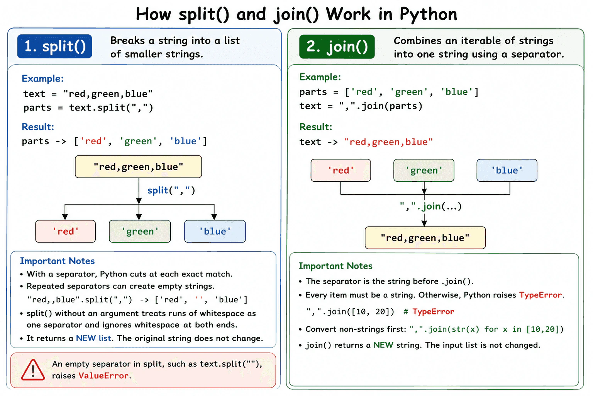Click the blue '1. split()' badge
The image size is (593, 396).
(x=54, y=46)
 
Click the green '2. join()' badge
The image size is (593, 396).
(x=337, y=46)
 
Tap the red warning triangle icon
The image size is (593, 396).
(x=33, y=370)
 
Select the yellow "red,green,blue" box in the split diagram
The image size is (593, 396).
(x=138, y=167)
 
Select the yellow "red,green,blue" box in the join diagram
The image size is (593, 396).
(x=425, y=238)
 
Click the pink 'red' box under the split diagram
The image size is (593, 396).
(x=65, y=231)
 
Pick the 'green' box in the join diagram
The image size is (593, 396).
(x=424, y=170)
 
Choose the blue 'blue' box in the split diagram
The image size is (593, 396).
(x=215, y=231)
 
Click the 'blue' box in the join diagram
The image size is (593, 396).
(x=507, y=170)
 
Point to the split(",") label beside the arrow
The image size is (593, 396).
(x=171, y=190)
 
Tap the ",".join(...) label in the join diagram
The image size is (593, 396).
(x=430, y=206)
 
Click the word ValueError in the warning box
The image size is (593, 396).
(x=103, y=376)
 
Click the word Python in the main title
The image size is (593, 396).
(x=428, y=14)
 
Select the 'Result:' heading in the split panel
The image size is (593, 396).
(x=38, y=127)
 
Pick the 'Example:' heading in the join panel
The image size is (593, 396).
(x=320, y=77)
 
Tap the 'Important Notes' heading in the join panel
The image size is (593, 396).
(x=335, y=266)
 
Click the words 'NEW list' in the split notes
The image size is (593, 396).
(x=93, y=338)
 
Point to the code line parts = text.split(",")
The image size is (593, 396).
(x=88, y=108)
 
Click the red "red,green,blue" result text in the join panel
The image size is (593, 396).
(x=388, y=142)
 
